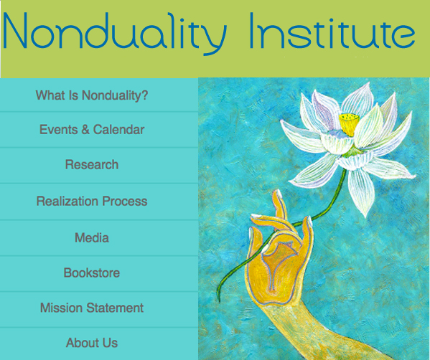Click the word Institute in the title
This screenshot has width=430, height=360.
pyautogui.click(x=332, y=31)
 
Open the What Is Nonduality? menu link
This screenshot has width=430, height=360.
pyautogui.click(x=92, y=95)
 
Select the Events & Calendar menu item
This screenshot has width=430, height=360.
pyautogui.click(x=92, y=130)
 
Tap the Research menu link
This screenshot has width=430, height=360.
pyautogui.click(x=92, y=165)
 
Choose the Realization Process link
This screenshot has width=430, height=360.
pyautogui.click(x=92, y=201)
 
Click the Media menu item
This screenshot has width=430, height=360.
pyautogui.click(x=92, y=237)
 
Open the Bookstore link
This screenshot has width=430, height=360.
pyautogui.click(x=92, y=273)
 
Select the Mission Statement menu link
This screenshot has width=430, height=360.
pyautogui.click(x=92, y=308)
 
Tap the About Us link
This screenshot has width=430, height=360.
pyautogui.click(x=92, y=343)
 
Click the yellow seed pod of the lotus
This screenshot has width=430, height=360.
pyautogui.click(x=349, y=124)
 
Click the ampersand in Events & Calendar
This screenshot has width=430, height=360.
pyautogui.click(x=85, y=130)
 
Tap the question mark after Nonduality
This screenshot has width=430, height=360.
pyautogui.click(x=145, y=95)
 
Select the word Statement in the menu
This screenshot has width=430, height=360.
pyautogui.click(x=115, y=308)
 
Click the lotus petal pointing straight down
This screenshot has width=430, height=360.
pyautogui.click(x=361, y=191)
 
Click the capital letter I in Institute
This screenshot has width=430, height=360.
pyautogui.click(x=252, y=31)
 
